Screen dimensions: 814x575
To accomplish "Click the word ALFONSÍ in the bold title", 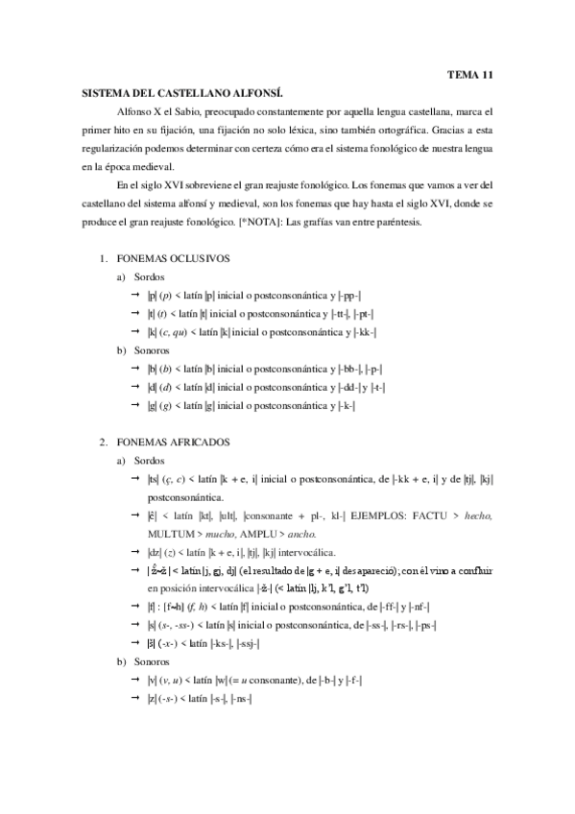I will (257, 93).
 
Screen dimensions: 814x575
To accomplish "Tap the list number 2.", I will (103, 443).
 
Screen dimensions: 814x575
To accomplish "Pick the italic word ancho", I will (302, 534).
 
